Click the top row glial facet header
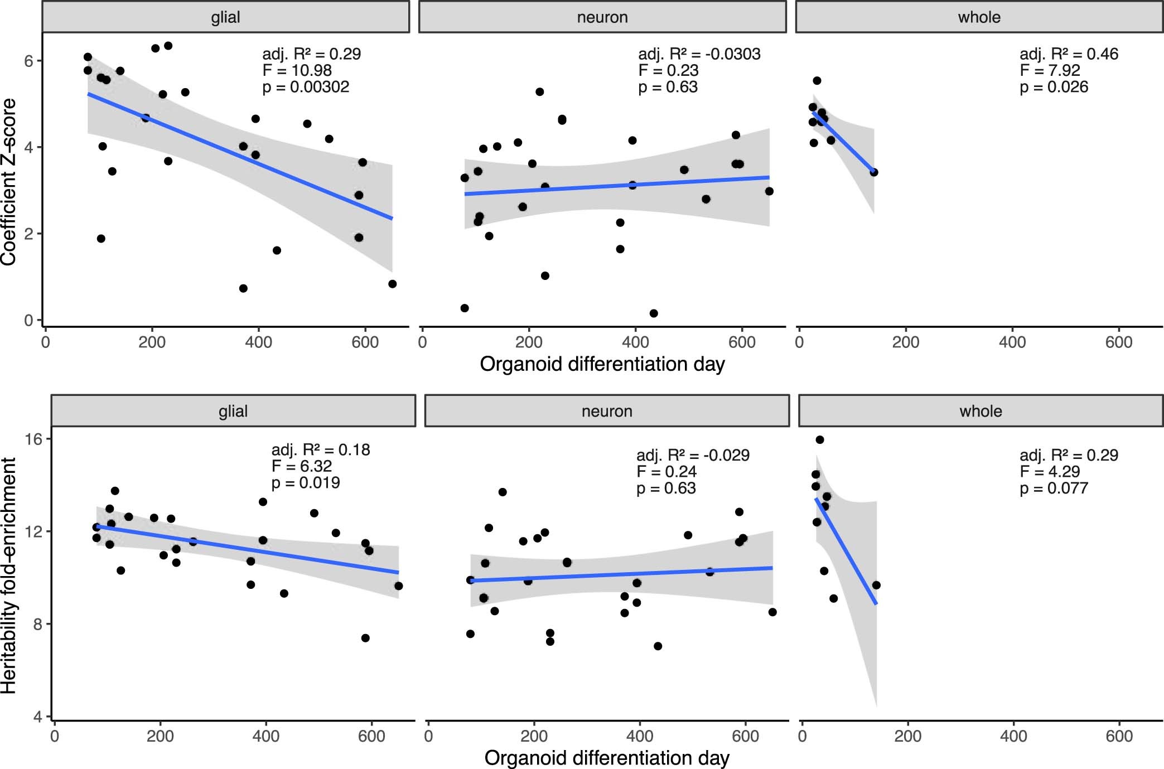[x=225, y=17]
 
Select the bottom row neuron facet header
[x=607, y=411]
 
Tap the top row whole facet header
[x=979, y=17]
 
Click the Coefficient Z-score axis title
[x=9, y=182]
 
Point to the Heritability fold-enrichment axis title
[x=9, y=575]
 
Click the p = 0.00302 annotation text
[x=306, y=87]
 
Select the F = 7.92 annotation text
[x=1050, y=70]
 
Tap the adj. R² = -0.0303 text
[x=699, y=54]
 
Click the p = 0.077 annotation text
[x=1054, y=488]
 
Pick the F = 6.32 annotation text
[x=301, y=466]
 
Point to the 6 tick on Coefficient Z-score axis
[x=28, y=61]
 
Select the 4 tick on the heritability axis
[x=37, y=716]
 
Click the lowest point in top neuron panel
[x=654, y=313]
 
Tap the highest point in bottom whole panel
[x=819, y=440]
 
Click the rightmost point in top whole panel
[x=873, y=172]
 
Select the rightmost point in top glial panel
[x=392, y=284]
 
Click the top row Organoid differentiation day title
[x=602, y=364]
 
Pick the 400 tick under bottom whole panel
[x=1013, y=736]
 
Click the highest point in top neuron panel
[x=539, y=92]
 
